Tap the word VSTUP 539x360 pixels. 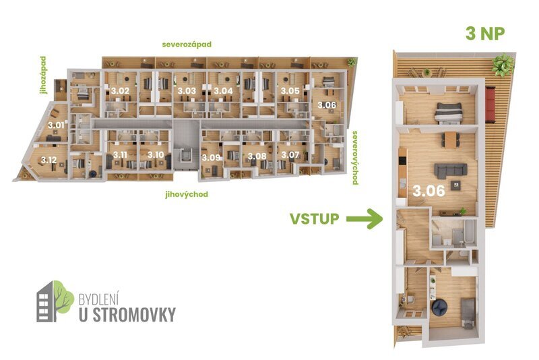pyautogui.click(x=314, y=218)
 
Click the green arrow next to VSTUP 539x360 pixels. pyautogui.click(x=364, y=218)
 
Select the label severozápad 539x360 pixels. pyautogui.click(x=187, y=44)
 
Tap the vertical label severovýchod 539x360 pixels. pyautogui.click(x=354, y=157)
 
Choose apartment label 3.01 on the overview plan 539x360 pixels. pyautogui.click(x=57, y=125)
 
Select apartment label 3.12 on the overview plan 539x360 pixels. pyautogui.click(x=49, y=160)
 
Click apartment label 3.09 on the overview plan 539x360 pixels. pyautogui.click(x=211, y=157)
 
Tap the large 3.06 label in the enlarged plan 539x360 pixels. pyautogui.click(x=428, y=190)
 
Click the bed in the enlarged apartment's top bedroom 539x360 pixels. pyautogui.click(x=447, y=112)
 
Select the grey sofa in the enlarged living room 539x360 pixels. pyautogui.click(x=449, y=170)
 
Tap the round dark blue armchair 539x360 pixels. pyautogui.click(x=439, y=307)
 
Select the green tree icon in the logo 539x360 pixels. pyautogui.click(x=62, y=297)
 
